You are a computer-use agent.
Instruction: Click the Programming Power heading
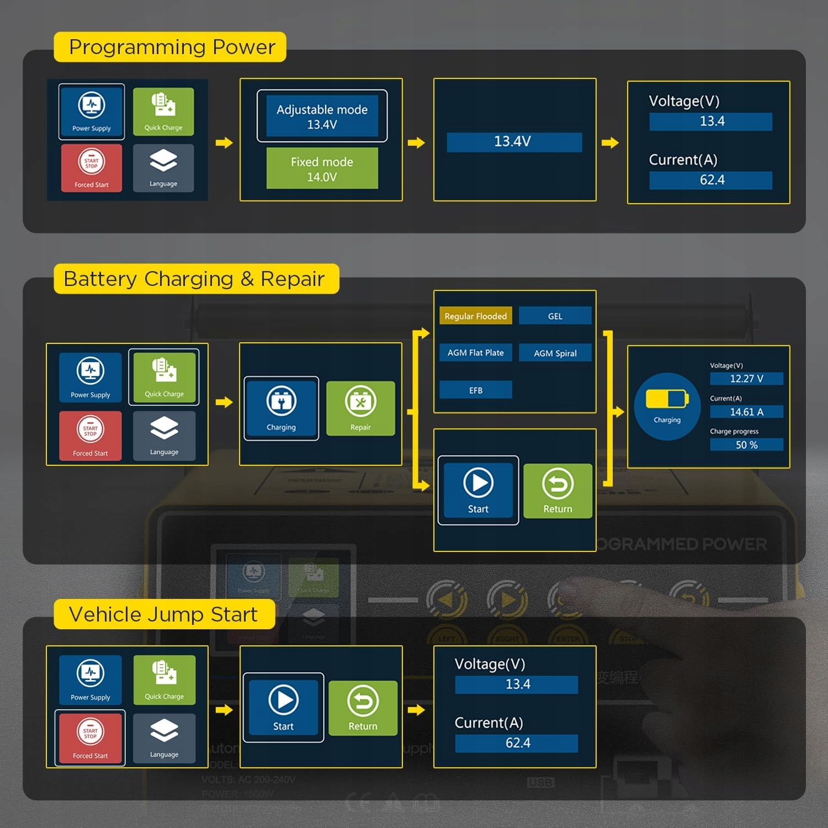point(171,47)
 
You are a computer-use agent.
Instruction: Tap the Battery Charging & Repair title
point(194,279)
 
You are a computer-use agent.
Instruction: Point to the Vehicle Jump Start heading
point(163,614)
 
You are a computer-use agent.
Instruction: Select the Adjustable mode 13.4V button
point(322,116)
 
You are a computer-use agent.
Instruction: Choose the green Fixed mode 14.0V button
point(322,168)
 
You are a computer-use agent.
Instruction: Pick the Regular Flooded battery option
point(475,316)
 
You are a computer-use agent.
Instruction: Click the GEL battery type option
point(555,316)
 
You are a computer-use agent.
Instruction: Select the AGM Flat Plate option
point(475,353)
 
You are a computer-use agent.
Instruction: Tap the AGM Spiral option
point(555,353)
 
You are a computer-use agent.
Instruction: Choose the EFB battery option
point(475,390)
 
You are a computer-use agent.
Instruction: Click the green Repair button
point(360,409)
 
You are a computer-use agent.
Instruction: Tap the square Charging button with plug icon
point(282,409)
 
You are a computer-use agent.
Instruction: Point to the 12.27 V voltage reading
point(746,379)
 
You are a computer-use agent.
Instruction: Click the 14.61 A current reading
point(746,412)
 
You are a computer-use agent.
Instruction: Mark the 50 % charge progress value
point(746,445)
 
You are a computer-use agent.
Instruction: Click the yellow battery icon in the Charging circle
point(667,399)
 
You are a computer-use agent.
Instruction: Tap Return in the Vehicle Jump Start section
point(363,708)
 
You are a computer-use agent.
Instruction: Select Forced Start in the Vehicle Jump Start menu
point(91,739)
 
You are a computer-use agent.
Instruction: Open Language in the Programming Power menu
point(163,168)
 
